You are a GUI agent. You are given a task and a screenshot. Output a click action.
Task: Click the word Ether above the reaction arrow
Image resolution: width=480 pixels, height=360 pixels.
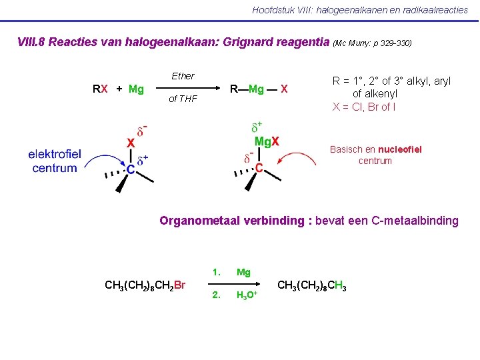click(x=183, y=76)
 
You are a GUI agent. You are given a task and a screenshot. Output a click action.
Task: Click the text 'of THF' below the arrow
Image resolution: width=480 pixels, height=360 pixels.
click(x=182, y=99)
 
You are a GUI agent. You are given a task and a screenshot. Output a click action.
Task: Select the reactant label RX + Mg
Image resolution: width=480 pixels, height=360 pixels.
click(x=118, y=89)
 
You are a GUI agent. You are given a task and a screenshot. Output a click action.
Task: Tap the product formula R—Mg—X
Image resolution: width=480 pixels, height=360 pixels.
click(x=258, y=89)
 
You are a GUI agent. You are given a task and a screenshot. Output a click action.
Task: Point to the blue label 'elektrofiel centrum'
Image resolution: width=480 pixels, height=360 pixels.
click(x=54, y=161)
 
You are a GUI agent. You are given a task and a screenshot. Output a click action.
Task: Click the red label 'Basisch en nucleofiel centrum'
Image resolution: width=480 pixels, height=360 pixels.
click(x=375, y=155)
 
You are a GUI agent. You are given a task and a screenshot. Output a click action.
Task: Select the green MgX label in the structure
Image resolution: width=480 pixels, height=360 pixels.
click(x=267, y=141)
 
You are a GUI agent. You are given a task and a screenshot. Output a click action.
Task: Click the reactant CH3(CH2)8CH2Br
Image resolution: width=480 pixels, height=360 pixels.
click(x=145, y=285)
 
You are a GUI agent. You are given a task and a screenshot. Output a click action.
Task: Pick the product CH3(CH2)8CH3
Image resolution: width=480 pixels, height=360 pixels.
click(x=311, y=285)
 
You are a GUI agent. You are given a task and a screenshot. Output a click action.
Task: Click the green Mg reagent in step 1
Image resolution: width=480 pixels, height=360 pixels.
click(x=243, y=272)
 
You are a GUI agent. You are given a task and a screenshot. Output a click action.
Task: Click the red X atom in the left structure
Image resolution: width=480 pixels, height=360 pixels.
click(x=131, y=143)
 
